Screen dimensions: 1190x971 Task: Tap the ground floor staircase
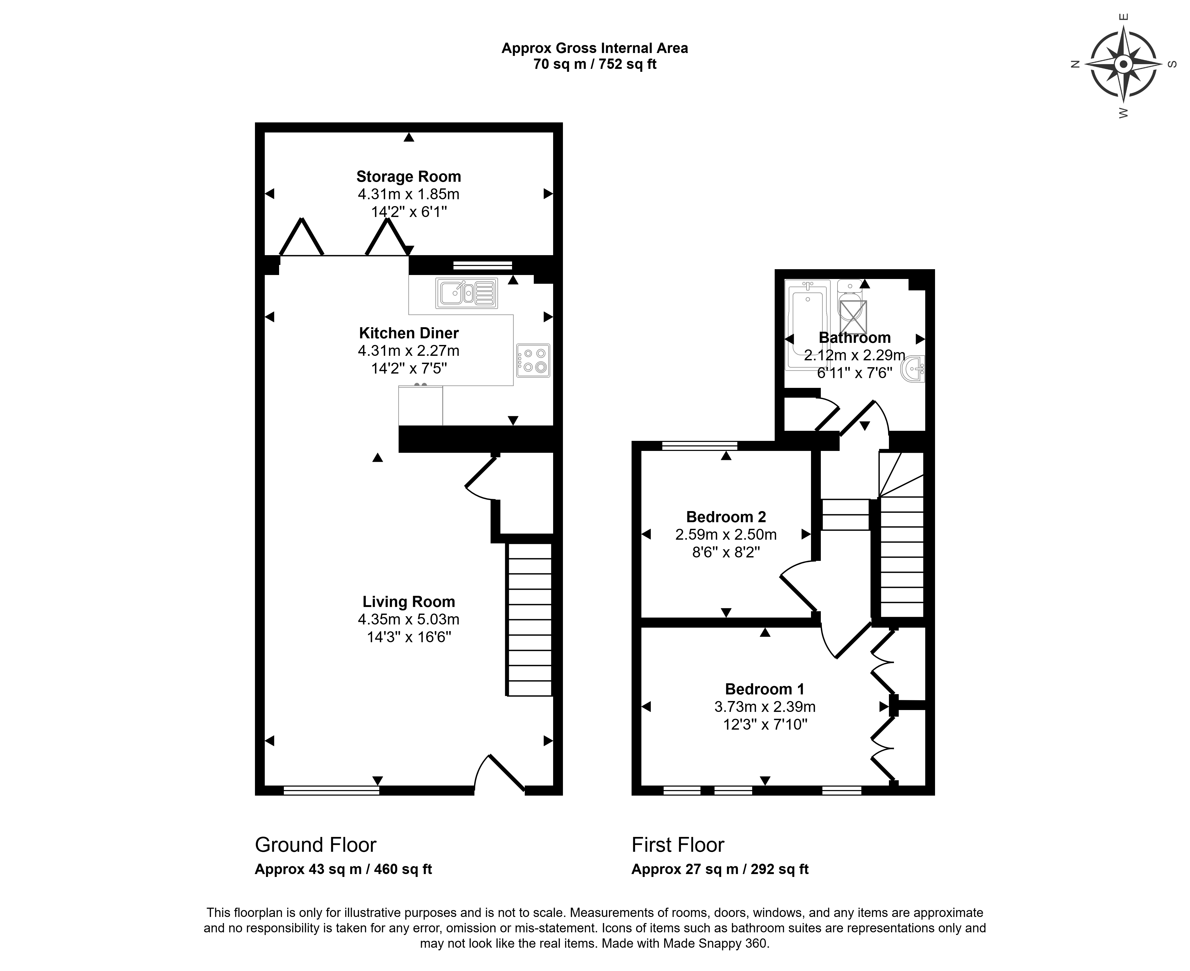pyautogui.click(x=529, y=620)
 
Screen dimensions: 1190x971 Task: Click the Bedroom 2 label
pyautogui.click(x=726, y=517)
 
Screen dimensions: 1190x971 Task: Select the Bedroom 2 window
pyautogui.click(x=699, y=445)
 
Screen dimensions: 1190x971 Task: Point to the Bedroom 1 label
pyautogui.click(x=765, y=689)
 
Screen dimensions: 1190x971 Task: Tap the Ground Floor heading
pyautogui.click(x=316, y=845)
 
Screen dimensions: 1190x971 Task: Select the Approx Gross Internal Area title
pyautogui.click(x=595, y=49)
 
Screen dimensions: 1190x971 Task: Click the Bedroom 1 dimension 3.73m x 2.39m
pyautogui.click(x=765, y=707)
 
